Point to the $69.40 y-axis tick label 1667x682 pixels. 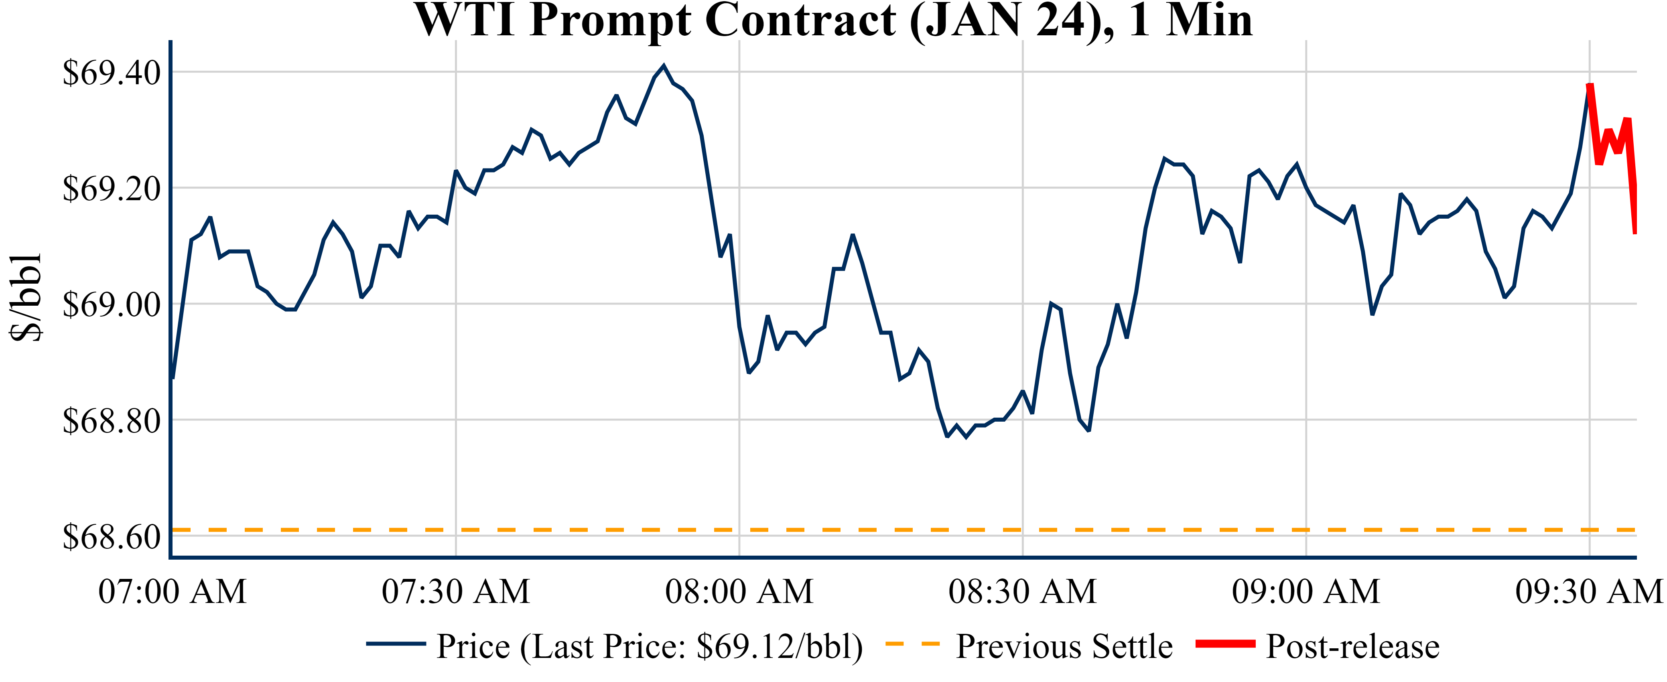pos(111,73)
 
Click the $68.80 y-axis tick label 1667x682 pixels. pos(111,420)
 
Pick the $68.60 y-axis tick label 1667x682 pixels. pos(111,536)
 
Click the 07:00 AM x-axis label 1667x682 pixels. pos(172,591)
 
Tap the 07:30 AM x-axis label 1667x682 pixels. pos(456,591)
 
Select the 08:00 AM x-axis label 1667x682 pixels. pos(739,591)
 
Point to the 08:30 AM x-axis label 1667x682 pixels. pos(1022,591)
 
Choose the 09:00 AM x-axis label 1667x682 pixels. pos(1306,591)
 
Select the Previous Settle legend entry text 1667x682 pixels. pos(1064,646)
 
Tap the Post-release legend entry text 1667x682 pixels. pos(1352,646)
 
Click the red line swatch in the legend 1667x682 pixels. pos(1225,644)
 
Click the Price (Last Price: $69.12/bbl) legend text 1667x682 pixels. pos(649,646)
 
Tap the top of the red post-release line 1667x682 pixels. pos(1590,85)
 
